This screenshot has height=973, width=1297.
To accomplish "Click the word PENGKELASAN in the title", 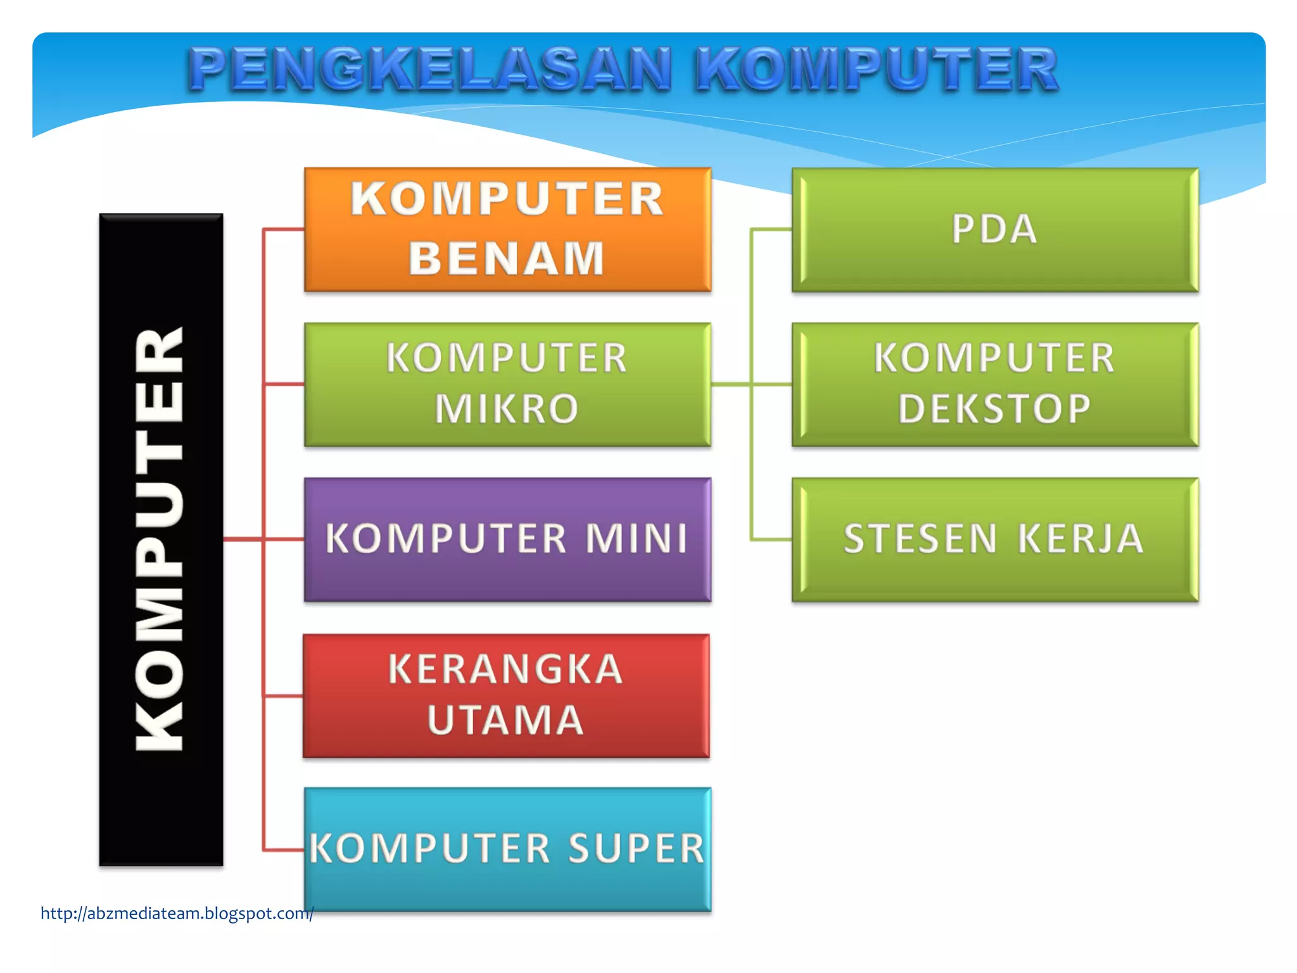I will (429, 70).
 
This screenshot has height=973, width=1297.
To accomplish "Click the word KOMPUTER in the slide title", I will (876, 70).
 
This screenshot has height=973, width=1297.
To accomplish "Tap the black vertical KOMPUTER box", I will (161, 540).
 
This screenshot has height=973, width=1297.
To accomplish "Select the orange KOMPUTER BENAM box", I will (507, 229).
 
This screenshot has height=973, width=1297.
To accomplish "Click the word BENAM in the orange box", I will (507, 258).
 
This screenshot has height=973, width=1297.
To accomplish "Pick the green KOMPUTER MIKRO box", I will (507, 385).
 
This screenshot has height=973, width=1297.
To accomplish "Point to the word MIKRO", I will (507, 409).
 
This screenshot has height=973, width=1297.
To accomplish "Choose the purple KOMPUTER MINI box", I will (507, 540).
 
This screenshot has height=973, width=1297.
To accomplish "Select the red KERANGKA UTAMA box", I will (506, 696).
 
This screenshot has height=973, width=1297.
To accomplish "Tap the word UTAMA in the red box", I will (505, 720).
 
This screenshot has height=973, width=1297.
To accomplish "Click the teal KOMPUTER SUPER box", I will (507, 849).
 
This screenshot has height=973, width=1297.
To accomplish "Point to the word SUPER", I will (636, 849).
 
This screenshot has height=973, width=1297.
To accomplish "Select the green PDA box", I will (995, 229).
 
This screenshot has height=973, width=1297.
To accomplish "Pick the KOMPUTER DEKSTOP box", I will (995, 385).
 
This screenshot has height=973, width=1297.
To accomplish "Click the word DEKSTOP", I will (994, 409).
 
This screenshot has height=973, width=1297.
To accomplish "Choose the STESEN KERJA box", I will (995, 540).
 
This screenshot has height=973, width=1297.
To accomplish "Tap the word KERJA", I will (1080, 539).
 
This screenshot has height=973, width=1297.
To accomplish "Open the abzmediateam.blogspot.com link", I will (177, 913).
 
